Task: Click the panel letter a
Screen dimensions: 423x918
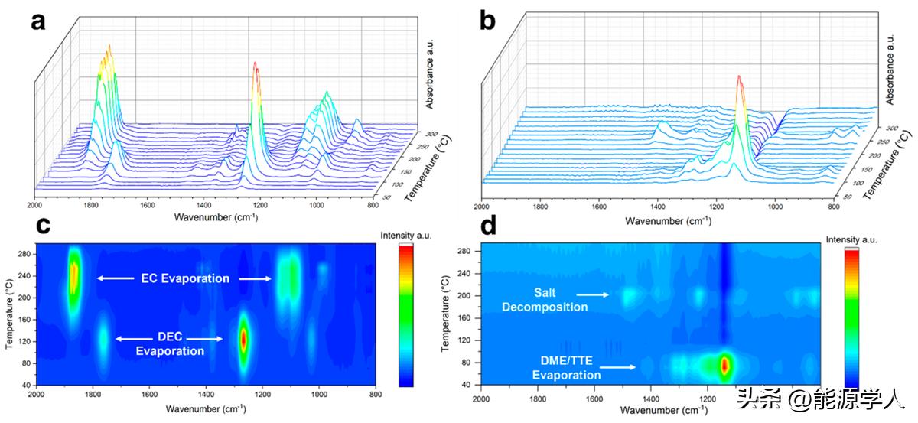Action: click(x=38, y=21)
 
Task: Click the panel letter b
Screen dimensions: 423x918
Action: click(x=488, y=21)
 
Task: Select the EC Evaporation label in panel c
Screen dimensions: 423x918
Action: click(x=183, y=278)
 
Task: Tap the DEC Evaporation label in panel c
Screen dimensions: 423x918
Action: click(x=170, y=344)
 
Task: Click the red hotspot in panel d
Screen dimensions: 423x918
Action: click(x=724, y=365)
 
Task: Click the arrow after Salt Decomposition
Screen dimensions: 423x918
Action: click(x=594, y=294)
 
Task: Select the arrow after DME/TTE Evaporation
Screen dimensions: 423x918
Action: click(x=620, y=367)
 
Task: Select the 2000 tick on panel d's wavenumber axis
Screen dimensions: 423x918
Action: click(x=481, y=399)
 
